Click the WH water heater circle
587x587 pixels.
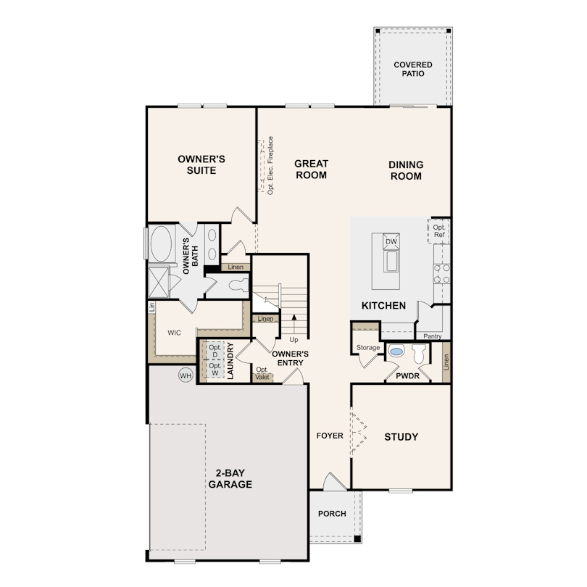tap(186, 375)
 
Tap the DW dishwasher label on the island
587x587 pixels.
tap(391, 241)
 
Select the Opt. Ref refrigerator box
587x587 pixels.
tap(438, 231)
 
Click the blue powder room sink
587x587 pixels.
tap(396, 351)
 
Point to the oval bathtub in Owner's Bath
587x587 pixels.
tap(162, 243)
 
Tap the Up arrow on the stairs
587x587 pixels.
tap(294, 323)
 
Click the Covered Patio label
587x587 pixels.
tap(413, 70)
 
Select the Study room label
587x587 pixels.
tap(401, 437)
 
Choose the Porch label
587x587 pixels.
tap(332, 514)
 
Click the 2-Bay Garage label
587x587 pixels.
tap(230, 479)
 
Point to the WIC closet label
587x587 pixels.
tap(174, 333)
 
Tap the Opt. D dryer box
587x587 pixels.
tap(215, 351)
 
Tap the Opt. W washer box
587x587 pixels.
tap(215, 369)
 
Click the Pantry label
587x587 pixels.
tap(433, 336)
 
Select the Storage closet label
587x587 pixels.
tap(368, 347)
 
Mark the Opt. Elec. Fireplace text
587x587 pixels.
tap(270, 165)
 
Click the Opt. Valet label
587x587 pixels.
tap(262, 373)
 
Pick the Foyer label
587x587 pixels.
tap(330, 436)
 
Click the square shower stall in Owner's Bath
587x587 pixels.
tap(159, 283)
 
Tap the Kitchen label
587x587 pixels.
tap(383, 306)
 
